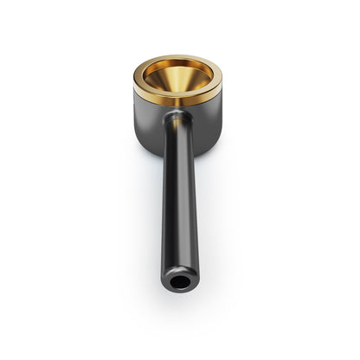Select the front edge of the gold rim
177,100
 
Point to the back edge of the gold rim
178,59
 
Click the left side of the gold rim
138,80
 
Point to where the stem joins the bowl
178,117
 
